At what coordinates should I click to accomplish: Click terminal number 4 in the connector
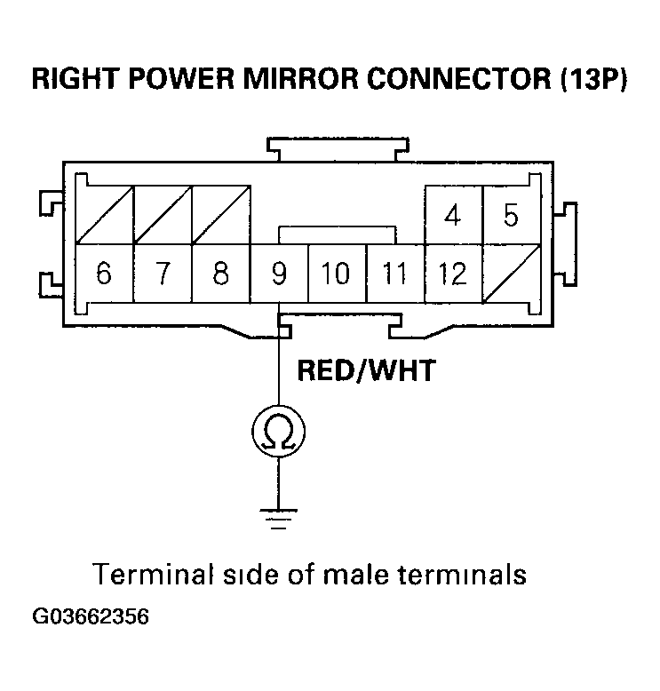click(452, 216)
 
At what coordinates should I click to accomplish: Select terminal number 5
click(510, 216)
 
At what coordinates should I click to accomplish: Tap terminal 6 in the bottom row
click(104, 274)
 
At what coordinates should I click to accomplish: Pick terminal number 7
click(162, 274)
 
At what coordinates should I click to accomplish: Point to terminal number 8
click(220, 274)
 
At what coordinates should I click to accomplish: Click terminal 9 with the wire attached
click(279, 274)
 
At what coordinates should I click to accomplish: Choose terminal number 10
click(336, 274)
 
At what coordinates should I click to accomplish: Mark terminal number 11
click(394, 274)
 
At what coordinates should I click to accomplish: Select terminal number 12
click(452, 274)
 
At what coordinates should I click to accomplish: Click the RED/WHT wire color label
click(366, 369)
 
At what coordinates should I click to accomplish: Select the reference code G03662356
click(91, 617)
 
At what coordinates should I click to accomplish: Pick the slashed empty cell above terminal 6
click(104, 216)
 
